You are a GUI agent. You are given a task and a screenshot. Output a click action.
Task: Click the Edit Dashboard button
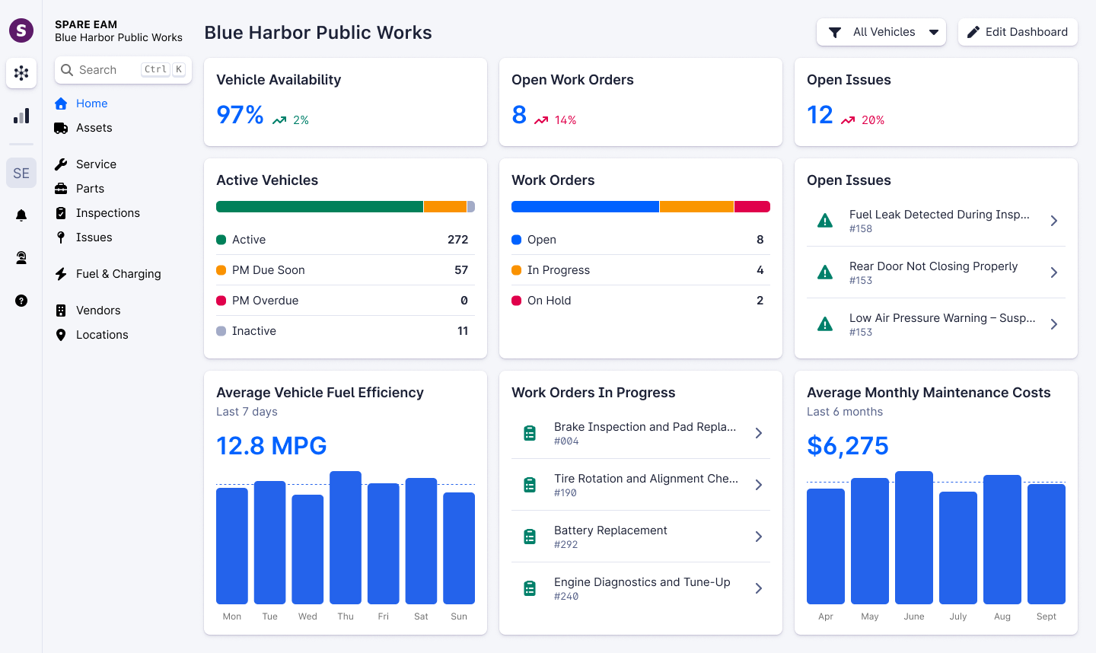(x=1018, y=32)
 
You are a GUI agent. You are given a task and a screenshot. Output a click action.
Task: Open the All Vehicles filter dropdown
(x=881, y=32)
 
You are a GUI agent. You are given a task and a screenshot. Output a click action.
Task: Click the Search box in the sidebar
(x=123, y=70)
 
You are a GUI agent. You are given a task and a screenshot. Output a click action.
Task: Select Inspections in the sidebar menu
(x=107, y=213)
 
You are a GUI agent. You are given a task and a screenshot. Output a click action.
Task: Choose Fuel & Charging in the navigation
(x=118, y=274)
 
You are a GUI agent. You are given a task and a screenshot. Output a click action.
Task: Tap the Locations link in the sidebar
(x=102, y=335)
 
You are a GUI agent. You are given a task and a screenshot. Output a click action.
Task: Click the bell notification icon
(x=21, y=215)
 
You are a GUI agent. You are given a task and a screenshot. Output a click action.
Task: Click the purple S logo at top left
(x=21, y=30)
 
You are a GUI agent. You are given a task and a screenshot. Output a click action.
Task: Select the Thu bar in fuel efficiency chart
(x=346, y=537)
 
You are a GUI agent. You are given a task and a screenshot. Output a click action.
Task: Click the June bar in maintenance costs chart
(x=914, y=537)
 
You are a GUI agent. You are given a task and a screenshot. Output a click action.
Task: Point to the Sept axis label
(x=1046, y=616)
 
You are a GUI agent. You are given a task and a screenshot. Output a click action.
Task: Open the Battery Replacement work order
(x=610, y=536)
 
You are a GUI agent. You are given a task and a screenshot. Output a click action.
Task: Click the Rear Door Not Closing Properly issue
(x=933, y=272)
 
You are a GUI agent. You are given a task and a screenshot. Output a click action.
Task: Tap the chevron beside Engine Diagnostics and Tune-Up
(x=758, y=588)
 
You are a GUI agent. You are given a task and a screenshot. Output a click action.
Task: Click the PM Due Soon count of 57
(x=461, y=270)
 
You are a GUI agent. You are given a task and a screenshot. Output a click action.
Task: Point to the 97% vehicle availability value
(x=240, y=115)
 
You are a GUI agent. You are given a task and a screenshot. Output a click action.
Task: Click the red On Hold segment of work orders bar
(x=752, y=207)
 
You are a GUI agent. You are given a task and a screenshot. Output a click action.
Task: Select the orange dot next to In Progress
(x=517, y=270)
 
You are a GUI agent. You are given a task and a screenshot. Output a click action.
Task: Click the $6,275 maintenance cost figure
(x=848, y=446)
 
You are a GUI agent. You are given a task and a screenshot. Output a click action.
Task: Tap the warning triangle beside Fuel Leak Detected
(x=824, y=221)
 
